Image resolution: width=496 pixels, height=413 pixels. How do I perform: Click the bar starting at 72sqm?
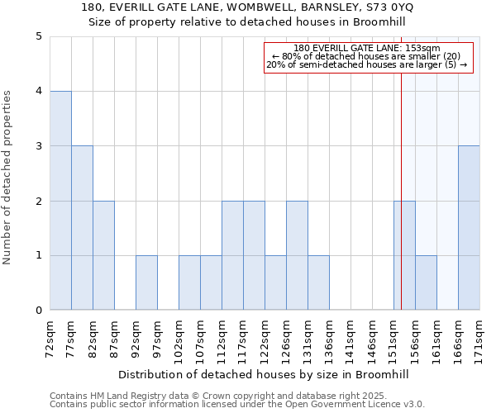[60, 201]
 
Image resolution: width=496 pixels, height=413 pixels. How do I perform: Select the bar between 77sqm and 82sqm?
[82, 228]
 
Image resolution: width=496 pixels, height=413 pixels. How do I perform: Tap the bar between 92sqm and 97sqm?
[146, 282]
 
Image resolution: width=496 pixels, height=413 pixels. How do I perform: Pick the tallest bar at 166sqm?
[469, 228]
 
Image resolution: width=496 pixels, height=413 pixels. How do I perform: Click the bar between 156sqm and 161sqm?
[426, 282]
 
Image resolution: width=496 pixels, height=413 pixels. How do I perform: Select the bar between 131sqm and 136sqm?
[318, 282]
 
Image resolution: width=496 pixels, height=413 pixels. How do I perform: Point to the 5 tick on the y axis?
[38, 36]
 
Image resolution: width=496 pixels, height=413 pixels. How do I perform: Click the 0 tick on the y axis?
[38, 311]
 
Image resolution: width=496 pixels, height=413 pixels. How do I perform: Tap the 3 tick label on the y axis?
[38, 146]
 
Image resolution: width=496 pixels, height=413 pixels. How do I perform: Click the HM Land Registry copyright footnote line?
[207, 396]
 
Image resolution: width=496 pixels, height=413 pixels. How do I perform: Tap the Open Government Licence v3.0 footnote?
[347, 405]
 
